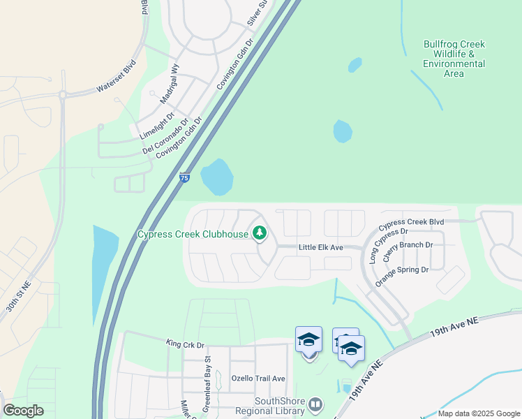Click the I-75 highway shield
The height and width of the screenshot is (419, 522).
coord(184,178)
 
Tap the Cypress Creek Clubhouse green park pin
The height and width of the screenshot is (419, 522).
coord(260,233)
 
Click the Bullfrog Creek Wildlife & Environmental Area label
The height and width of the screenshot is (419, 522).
coord(454,59)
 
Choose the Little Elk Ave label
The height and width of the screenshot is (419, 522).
coord(321,248)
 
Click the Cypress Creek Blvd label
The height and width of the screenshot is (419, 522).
coord(411,226)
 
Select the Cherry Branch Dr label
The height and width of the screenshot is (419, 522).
coord(409,245)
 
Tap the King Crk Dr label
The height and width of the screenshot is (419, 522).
coord(184,344)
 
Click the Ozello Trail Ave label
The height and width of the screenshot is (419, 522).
coord(258,378)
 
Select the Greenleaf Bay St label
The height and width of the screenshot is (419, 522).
coord(207,376)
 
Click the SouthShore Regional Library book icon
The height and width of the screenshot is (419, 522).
coord(315,404)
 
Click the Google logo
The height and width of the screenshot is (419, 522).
coord(23,411)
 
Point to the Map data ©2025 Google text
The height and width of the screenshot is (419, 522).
coord(478,413)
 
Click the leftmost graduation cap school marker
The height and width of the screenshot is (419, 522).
coord(308,339)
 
